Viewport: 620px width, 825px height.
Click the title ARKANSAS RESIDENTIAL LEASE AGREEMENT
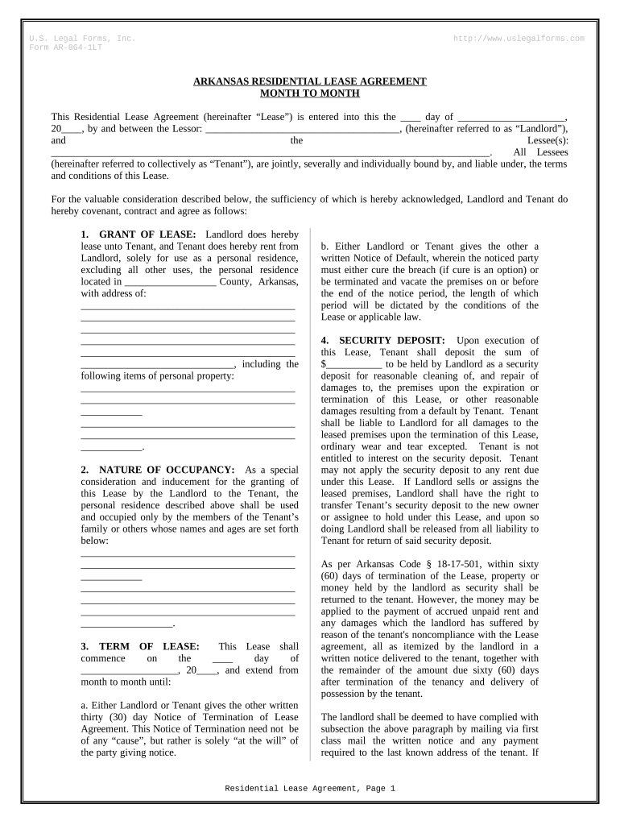pyautogui.click(x=310, y=82)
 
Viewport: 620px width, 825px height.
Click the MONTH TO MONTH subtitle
pyautogui.click(x=310, y=93)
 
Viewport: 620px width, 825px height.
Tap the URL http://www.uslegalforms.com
pyautogui.click(x=519, y=39)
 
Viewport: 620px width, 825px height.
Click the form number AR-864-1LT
pyautogui.click(x=76, y=48)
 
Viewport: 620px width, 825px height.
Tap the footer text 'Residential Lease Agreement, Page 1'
pyautogui.click(x=310, y=789)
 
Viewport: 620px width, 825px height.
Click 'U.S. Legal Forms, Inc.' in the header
pyautogui.click(x=82, y=39)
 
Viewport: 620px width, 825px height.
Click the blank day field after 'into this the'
pyautogui.click(x=411, y=117)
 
